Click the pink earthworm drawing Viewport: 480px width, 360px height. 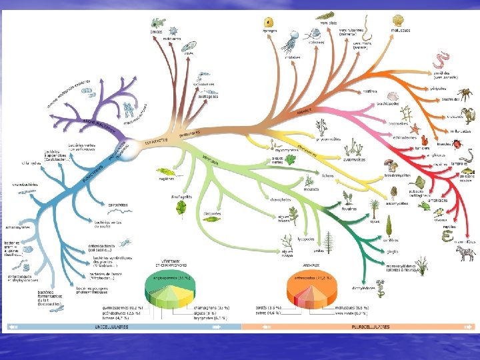pos(441,61)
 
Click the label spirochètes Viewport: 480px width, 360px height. pos(117,205)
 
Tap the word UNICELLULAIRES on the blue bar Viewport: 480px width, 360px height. pos(110,327)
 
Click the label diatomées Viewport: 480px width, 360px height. pos(211,213)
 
